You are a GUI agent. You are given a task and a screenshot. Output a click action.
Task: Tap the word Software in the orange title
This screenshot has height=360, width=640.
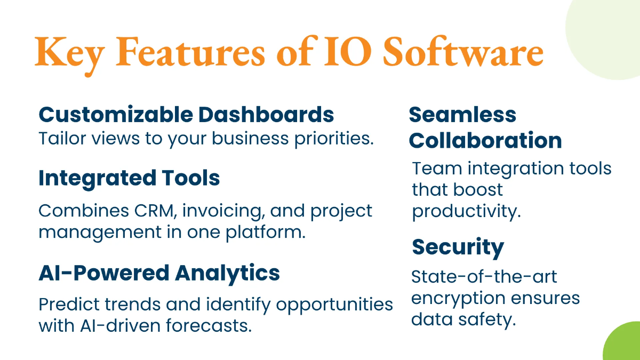(x=463, y=51)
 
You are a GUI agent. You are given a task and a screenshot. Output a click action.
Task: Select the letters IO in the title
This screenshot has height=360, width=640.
(x=348, y=52)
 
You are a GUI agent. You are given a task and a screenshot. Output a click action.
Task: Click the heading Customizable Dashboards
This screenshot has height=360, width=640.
(x=186, y=115)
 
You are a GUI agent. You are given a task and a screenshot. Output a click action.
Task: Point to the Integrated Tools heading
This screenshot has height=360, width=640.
(x=129, y=179)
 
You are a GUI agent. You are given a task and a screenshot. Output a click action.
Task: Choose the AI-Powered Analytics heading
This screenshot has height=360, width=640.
(x=159, y=274)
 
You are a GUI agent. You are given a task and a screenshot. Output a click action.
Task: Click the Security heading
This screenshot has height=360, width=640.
(x=458, y=248)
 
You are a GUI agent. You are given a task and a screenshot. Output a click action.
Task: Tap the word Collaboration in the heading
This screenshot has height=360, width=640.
(x=485, y=140)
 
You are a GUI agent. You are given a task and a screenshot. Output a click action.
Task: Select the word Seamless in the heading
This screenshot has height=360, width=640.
(x=462, y=115)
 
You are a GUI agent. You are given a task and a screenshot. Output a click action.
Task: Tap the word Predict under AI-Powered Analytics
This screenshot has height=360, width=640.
(x=69, y=305)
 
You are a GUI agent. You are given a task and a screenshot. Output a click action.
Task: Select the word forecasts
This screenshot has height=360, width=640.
(x=209, y=325)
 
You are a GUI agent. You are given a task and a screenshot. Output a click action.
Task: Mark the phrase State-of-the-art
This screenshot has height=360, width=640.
(x=484, y=277)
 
